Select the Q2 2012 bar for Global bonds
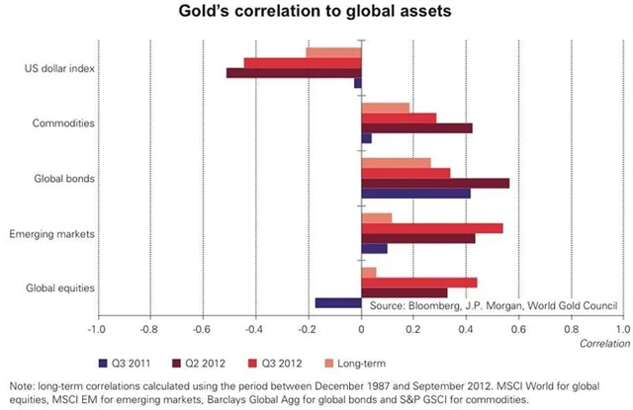coord(435,183)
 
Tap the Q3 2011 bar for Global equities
coord(338,303)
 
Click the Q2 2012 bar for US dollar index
coord(294,72)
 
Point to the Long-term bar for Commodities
coord(386,107)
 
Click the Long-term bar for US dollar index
coord(333,51)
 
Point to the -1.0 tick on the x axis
coord(97,328)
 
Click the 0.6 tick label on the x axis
coord(518,328)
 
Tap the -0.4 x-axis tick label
coord(255,328)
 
